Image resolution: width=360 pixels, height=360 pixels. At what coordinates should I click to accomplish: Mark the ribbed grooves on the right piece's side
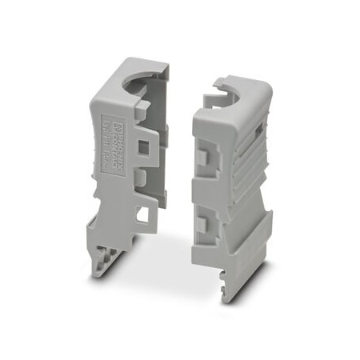point(246,160)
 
